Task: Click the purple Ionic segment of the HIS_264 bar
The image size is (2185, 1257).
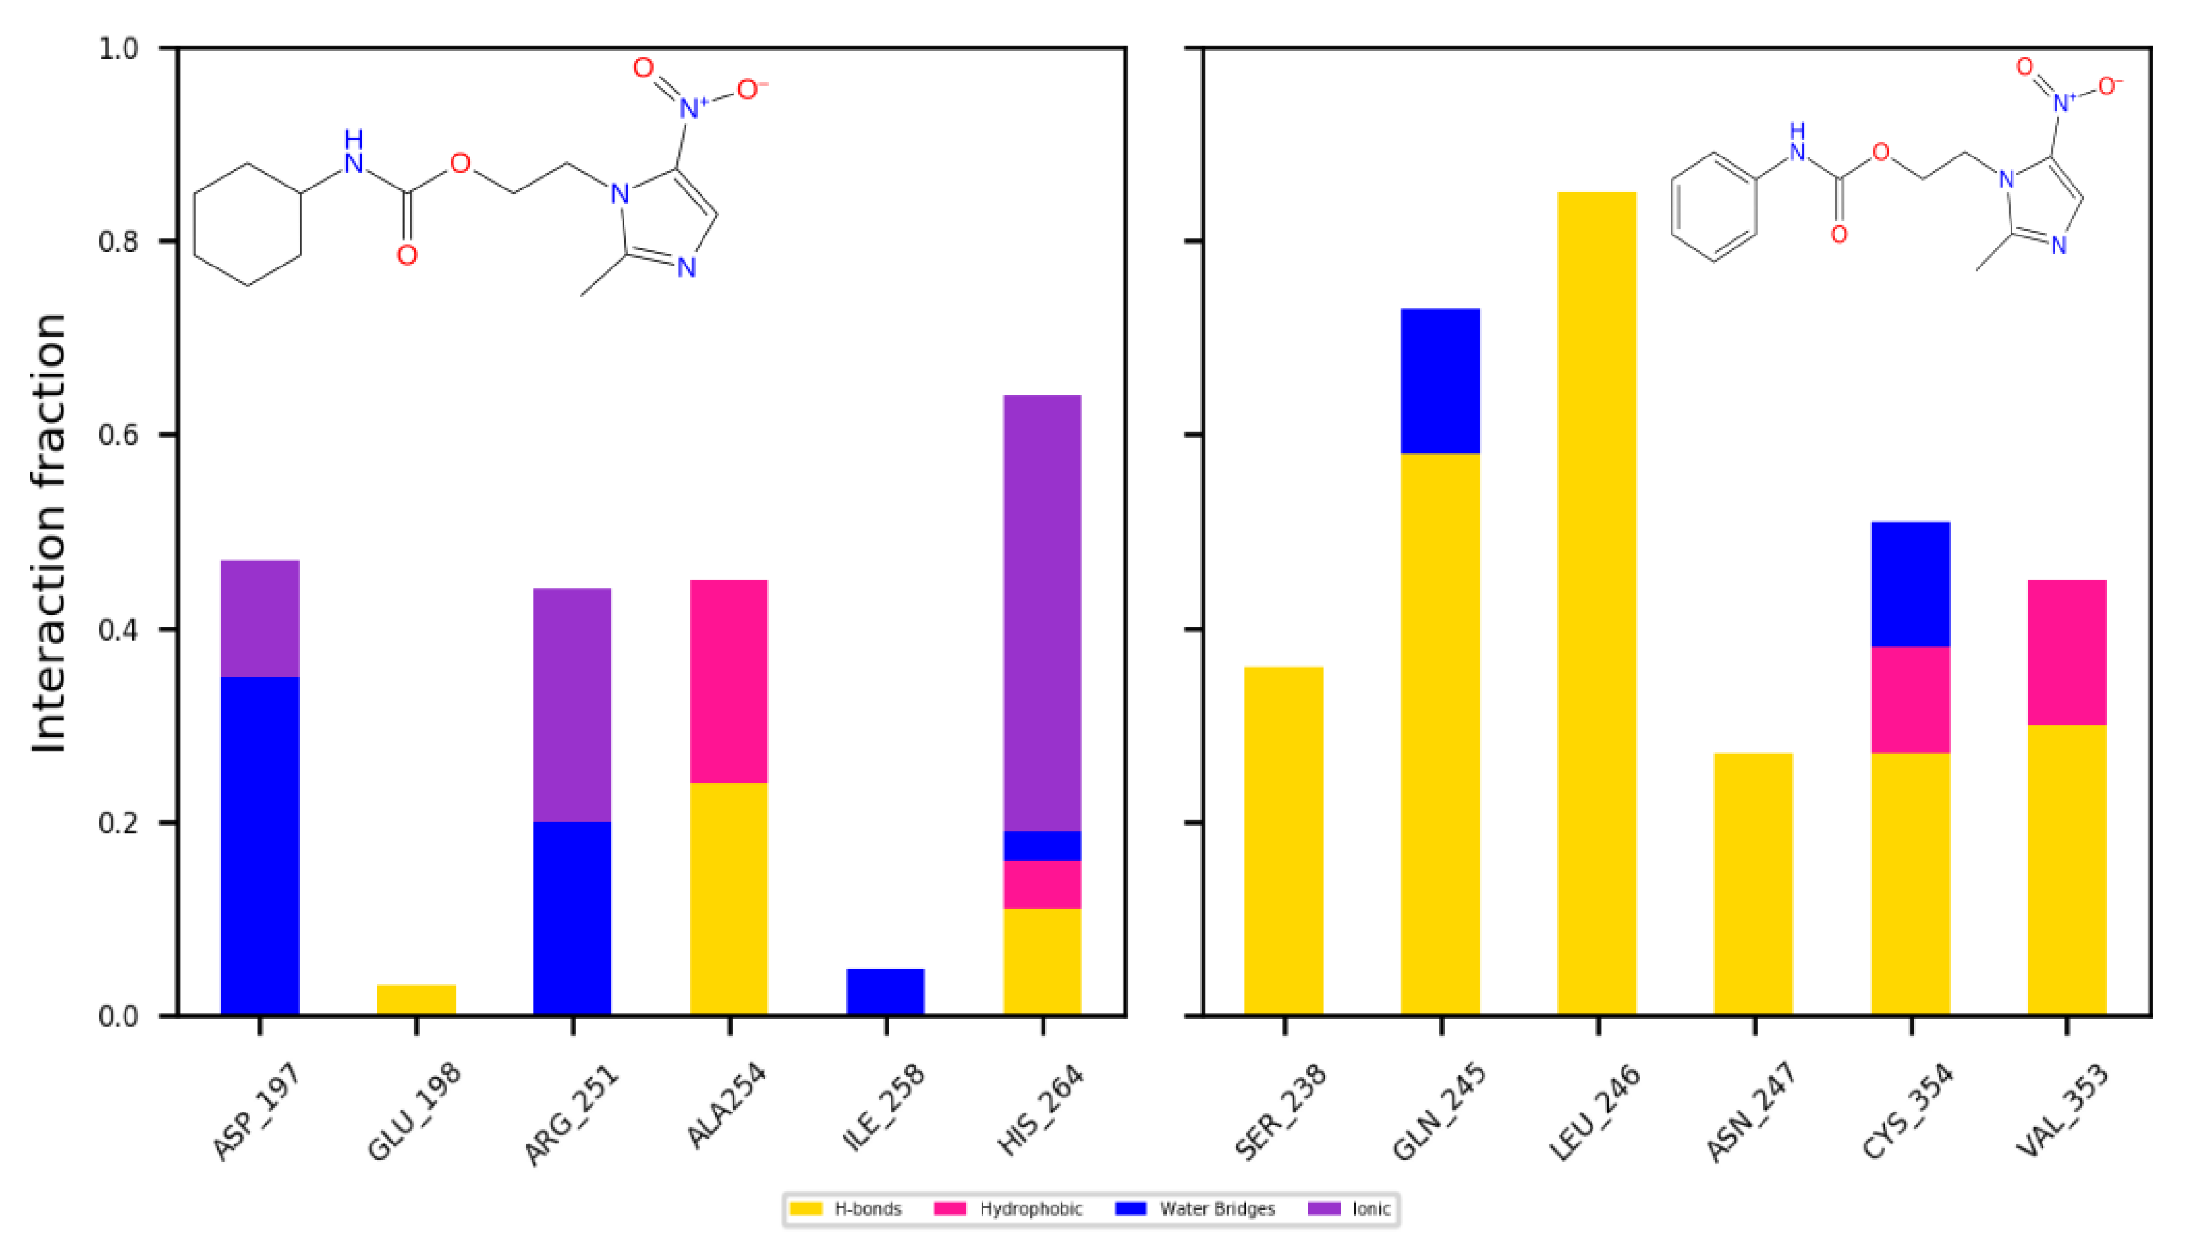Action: pos(1042,613)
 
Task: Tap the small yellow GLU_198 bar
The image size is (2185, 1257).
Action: pos(416,999)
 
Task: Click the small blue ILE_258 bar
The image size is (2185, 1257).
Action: pos(886,991)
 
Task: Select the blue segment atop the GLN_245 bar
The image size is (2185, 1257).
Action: pos(1439,381)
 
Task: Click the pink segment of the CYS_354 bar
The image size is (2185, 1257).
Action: pos(1909,700)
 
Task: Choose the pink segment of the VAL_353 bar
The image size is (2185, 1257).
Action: pos(2067,653)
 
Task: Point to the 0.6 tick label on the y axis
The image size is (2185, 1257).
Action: pos(118,435)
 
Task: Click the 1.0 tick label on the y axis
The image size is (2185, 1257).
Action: pos(118,48)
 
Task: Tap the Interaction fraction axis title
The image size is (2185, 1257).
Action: pos(49,532)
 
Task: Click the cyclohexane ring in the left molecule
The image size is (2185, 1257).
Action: pos(248,224)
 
